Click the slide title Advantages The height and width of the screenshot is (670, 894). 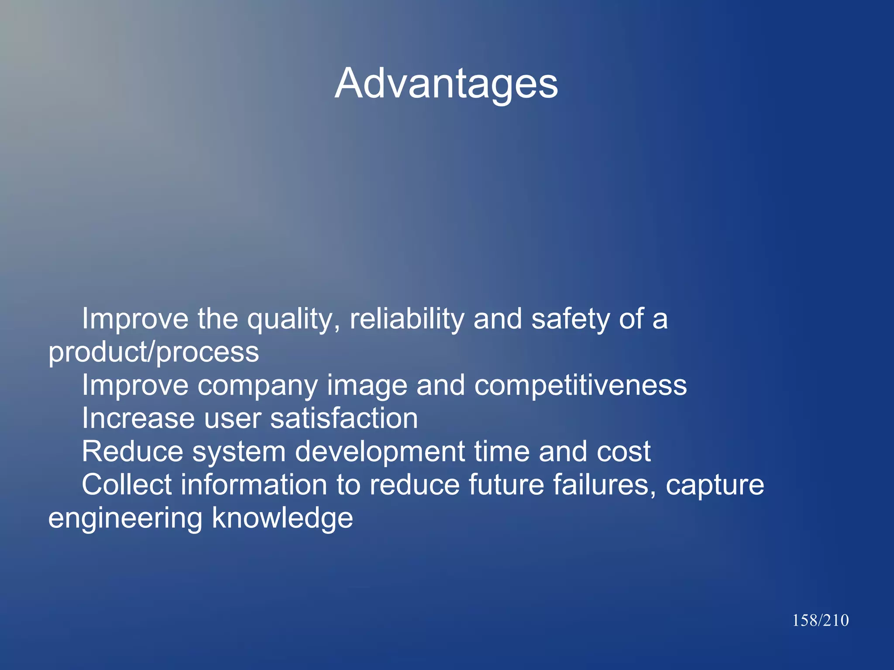pos(446,84)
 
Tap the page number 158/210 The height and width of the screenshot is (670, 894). pos(820,620)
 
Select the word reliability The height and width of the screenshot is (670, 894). pos(407,320)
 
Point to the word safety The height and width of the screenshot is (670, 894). pos(570,320)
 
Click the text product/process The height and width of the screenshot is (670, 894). pos(154,352)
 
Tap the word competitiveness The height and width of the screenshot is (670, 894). pos(581,386)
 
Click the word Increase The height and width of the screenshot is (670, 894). pos(138,418)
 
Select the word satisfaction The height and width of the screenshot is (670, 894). pos(344,418)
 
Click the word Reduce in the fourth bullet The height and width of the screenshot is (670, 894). pos(132,451)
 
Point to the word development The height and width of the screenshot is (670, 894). pos(380,452)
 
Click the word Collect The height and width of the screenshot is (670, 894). pos(127,485)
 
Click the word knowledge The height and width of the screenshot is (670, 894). pos(282,518)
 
